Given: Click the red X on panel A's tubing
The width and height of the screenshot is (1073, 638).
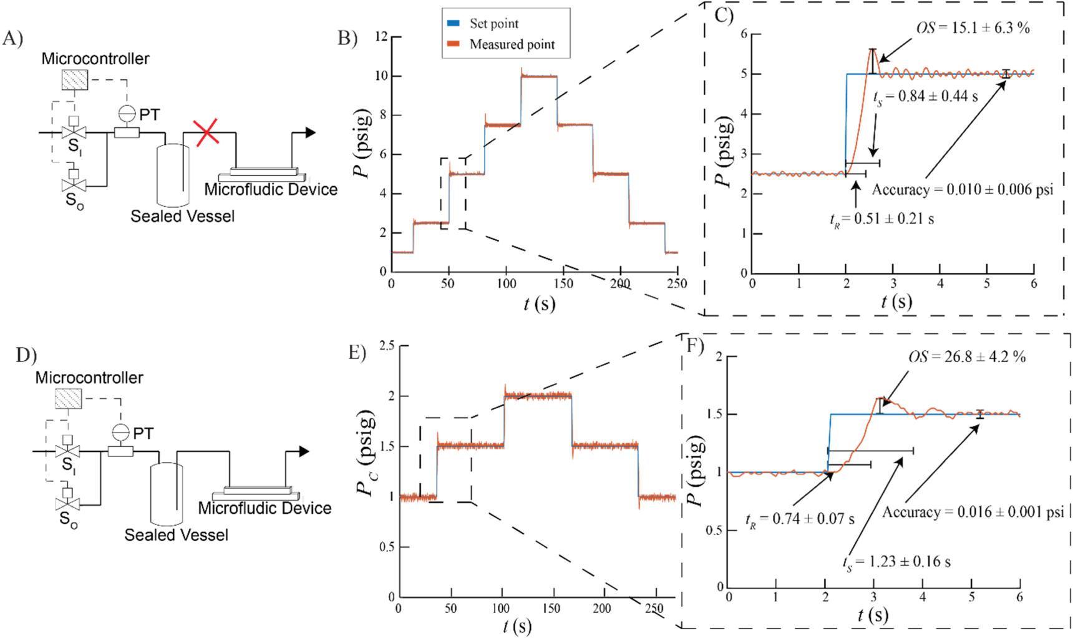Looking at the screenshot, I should (206, 133).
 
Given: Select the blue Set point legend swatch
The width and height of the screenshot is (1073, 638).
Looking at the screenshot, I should (454, 24).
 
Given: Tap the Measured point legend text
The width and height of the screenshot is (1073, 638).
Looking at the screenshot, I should (512, 44).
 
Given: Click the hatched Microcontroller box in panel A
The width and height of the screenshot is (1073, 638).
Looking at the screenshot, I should (75, 80).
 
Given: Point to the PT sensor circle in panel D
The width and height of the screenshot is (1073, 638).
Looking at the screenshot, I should (120, 432).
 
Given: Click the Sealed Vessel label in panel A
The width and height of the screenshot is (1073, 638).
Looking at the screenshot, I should (182, 217).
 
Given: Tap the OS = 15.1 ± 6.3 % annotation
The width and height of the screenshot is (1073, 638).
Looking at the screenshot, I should (972, 28).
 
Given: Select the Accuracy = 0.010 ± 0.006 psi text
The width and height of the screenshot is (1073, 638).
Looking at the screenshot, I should (962, 190).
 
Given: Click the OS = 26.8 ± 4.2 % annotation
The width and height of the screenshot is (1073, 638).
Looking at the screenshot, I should (966, 357).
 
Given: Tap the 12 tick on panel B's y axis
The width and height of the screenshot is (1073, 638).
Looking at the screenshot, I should (381, 37).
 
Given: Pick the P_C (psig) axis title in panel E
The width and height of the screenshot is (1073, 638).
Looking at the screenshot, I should (366, 453).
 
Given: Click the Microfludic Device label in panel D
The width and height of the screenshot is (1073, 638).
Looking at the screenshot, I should (265, 509).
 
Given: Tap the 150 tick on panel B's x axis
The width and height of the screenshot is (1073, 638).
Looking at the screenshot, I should (563, 284).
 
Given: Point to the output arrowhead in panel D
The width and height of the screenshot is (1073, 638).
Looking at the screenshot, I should (304, 451).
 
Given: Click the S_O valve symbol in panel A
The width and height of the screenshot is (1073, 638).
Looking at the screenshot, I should (74, 185).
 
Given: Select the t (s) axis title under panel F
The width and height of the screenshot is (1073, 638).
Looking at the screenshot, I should (872, 615).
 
